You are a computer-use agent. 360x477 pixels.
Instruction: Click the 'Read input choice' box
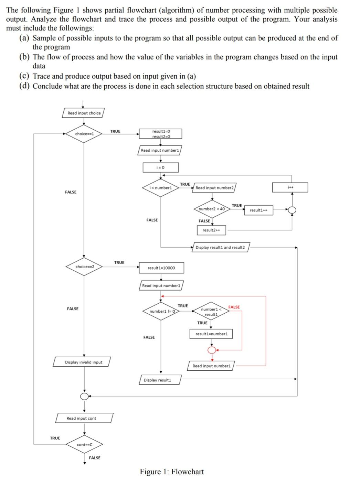click(x=83, y=113)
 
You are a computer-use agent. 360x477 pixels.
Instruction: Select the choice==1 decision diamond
click(x=84, y=134)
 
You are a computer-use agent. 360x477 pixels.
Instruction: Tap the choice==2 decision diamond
click(x=84, y=267)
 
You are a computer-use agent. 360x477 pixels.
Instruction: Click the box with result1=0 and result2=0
click(x=161, y=134)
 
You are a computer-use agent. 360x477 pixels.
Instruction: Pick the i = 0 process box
click(x=160, y=167)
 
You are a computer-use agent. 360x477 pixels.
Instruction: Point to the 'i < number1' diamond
click(x=160, y=188)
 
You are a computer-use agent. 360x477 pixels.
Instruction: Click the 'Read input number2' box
click(x=214, y=188)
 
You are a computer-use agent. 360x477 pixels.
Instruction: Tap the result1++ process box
click(x=258, y=210)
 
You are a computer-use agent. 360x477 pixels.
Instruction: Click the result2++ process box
click(x=211, y=230)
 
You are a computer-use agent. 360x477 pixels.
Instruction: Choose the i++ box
click(x=290, y=187)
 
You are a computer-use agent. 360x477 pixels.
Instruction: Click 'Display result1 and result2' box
click(x=220, y=247)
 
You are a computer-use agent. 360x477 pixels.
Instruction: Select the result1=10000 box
click(x=161, y=268)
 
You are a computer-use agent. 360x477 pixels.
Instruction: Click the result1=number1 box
click(x=211, y=334)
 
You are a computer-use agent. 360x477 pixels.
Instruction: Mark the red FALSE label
click(x=234, y=307)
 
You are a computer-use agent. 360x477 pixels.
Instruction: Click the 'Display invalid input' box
click(x=83, y=362)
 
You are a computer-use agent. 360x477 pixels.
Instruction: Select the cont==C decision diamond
click(x=85, y=445)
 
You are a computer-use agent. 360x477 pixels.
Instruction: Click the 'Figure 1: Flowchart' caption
click(x=172, y=471)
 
